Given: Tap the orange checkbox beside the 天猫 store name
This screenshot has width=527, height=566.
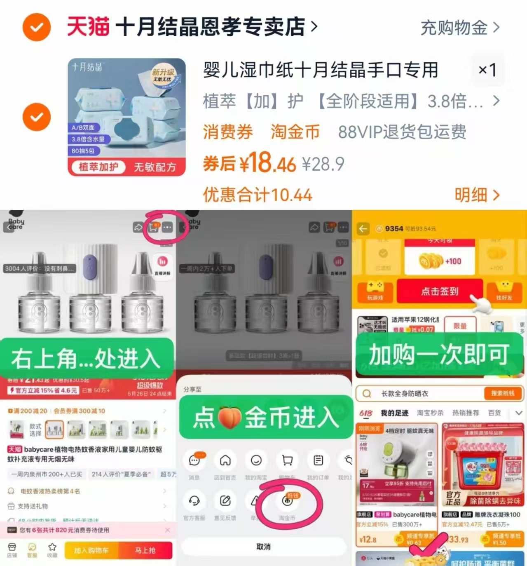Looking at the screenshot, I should click(x=37, y=27).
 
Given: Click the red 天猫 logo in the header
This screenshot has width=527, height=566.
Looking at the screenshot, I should click(x=88, y=27).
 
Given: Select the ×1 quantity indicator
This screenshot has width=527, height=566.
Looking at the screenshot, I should click(x=487, y=70).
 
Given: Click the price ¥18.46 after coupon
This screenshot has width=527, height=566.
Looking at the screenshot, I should click(x=249, y=163).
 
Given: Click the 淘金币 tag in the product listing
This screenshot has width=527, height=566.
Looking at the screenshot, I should click(x=295, y=132).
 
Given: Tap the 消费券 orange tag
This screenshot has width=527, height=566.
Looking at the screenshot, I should click(x=227, y=132).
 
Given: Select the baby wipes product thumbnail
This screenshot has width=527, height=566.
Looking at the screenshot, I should click(x=126, y=117).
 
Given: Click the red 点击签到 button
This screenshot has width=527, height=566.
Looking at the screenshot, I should click(x=439, y=291).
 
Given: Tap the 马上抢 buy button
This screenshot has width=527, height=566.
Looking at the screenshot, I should click(x=145, y=550).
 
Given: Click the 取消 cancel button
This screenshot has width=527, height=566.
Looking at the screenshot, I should click(x=263, y=547).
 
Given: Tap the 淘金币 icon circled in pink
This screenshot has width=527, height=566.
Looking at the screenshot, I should click(x=287, y=501).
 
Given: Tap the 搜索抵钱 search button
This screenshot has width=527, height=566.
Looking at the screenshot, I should click(x=502, y=394).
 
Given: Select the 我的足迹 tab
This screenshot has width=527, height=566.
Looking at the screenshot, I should click(x=394, y=413).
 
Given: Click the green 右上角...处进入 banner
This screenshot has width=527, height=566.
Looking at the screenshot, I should click(x=86, y=357).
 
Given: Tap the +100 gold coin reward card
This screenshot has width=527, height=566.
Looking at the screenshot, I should click(x=439, y=261).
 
